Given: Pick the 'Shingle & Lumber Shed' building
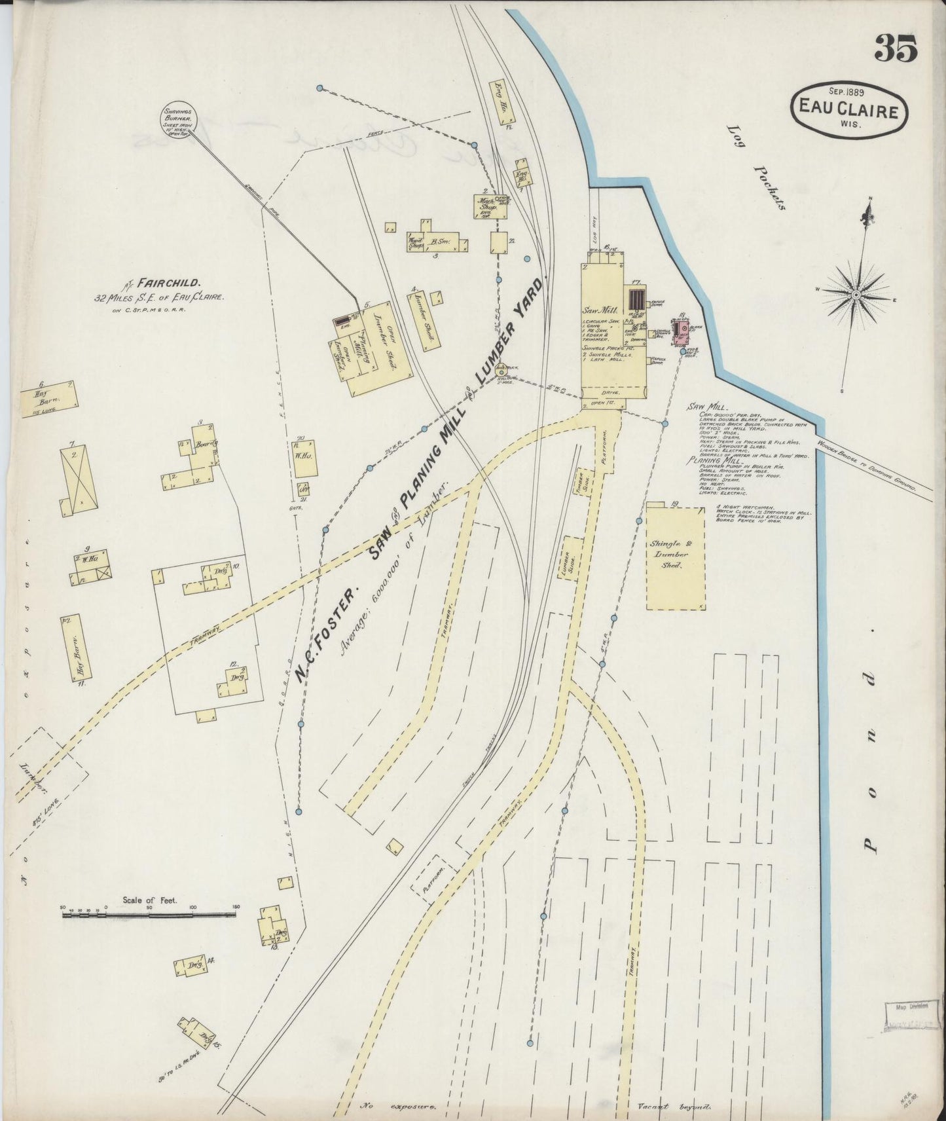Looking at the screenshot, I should tap(676, 557).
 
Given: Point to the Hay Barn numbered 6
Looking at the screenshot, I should tap(48, 399).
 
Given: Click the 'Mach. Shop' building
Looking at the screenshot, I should tap(486, 205).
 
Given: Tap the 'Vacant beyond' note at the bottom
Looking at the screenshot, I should tap(674, 1107).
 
